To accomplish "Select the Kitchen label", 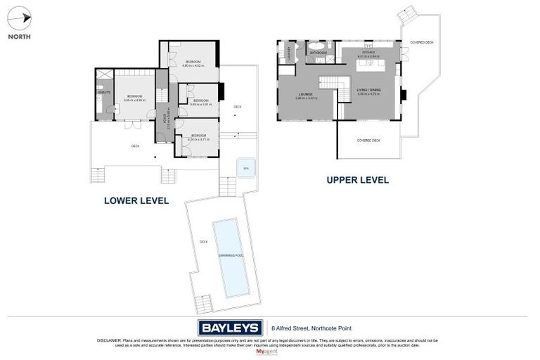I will (x=368, y=53).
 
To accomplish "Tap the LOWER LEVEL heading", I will (x=136, y=200).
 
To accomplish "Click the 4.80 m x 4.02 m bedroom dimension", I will (x=193, y=65).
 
